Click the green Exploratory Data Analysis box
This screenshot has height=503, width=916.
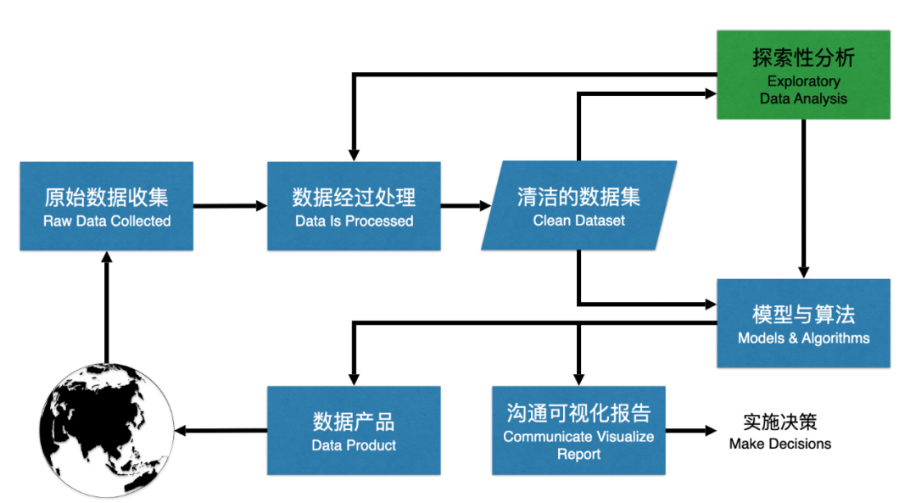(x=803, y=75)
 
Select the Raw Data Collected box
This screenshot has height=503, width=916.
(x=106, y=206)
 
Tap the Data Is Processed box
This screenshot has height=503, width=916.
(x=354, y=206)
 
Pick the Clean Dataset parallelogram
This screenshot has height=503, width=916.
(x=579, y=205)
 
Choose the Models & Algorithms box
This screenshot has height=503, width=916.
(x=803, y=323)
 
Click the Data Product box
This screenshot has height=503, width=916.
(x=354, y=431)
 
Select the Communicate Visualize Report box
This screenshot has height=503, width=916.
(x=578, y=431)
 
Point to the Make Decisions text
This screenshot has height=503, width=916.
(x=780, y=432)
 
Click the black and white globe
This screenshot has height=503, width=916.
(x=106, y=431)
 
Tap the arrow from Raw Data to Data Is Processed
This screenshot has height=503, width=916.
(x=230, y=205)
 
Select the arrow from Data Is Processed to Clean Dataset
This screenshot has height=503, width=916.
(x=466, y=205)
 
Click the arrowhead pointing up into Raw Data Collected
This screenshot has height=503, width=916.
(x=106, y=256)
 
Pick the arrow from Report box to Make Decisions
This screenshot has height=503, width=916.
(x=691, y=431)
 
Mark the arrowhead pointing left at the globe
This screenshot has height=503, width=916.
(x=180, y=431)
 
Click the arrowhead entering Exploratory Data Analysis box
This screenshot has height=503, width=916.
(x=711, y=93)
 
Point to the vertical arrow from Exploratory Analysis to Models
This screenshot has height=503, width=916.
(x=804, y=198)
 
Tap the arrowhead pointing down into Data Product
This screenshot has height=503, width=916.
(x=354, y=380)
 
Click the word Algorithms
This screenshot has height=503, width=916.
(x=835, y=338)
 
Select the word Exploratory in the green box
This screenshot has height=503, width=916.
(x=803, y=81)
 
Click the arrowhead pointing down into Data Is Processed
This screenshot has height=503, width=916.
(x=354, y=156)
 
